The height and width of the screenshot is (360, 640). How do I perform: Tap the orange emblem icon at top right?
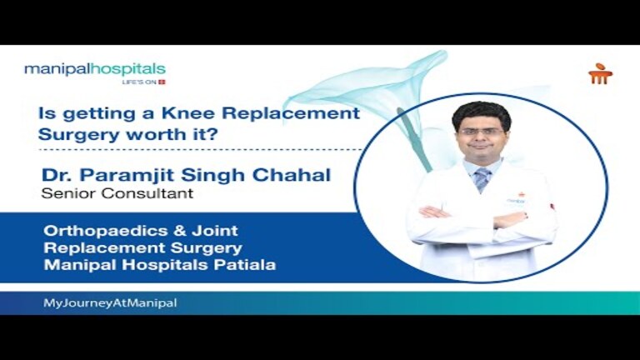pos(600,74)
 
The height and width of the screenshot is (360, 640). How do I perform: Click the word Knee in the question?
pos(191,113)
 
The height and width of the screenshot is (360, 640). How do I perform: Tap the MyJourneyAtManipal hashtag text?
pos(110,303)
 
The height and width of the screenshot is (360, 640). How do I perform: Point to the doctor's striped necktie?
pos(482,178)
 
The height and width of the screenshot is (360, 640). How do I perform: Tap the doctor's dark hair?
pos(481,111)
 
